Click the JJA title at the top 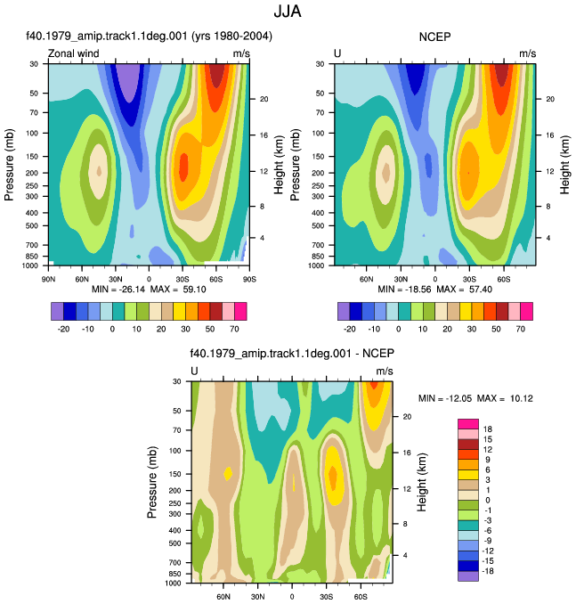point(288,12)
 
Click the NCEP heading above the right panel point(434,37)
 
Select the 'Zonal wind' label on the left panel point(73,53)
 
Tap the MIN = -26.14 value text point(118,290)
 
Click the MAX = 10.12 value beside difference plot point(505,398)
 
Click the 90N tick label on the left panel point(48,279)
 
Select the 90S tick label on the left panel point(249,279)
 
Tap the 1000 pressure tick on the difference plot point(173,584)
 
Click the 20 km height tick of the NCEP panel point(550,99)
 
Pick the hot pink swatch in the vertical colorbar point(468,424)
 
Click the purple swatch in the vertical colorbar point(468,576)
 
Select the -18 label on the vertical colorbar point(488,571)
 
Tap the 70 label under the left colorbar point(234,329)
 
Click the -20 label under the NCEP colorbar point(350,329)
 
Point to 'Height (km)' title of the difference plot point(422,482)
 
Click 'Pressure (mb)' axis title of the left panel point(9,165)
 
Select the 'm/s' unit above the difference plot point(385,371)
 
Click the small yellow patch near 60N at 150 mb point(228,473)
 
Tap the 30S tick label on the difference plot point(326,597)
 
